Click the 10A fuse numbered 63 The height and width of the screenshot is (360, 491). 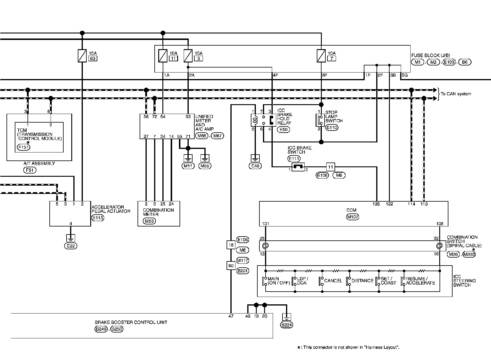(82, 56)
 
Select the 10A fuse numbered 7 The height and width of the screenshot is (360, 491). (321, 56)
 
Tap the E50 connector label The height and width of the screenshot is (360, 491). (283, 129)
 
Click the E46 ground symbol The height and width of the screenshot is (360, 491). (255, 158)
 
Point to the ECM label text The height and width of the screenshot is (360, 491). (351, 210)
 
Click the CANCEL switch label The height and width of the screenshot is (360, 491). (333, 281)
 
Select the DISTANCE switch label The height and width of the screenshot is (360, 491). (362, 281)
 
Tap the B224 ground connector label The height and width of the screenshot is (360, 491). (287, 325)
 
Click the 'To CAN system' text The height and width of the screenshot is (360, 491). (456, 94)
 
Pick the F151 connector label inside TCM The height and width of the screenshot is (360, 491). (23, 147)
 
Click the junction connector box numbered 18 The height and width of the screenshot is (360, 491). (231, 245)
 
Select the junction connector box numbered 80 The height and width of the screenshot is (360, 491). (231, 266)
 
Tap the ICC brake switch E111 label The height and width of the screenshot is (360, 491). (294, 158)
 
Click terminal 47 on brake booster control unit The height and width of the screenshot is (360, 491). (231, 316)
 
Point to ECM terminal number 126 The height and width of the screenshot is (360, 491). (376, 204)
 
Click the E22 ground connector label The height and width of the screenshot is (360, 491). (71, 246)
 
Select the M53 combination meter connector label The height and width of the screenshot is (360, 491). (149, 221)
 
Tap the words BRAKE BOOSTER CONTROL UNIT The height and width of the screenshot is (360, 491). (131, 322)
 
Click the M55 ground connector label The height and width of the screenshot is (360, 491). (205, 166)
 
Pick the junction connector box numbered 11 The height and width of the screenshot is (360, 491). (330, 167)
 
